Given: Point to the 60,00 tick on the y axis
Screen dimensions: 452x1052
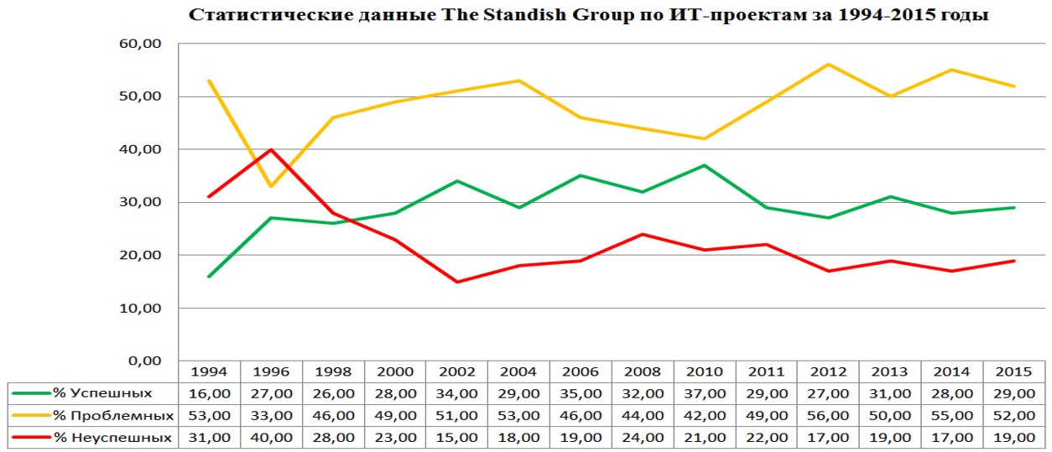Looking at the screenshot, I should pyautogui.click(x=141, y=44).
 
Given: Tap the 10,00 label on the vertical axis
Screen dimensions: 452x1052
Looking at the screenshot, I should pyautogui.click(x=141, y=308).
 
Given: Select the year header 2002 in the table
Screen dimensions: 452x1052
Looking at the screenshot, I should pyautogui.click(x=457, y=371).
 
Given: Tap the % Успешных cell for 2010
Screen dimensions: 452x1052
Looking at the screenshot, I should pyautogui.click(x=705, y=393).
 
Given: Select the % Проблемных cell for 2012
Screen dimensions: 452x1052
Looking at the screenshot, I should pyautogui.click(x=829, y=415).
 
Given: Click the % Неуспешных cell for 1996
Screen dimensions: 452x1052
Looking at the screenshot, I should pyautogui.click(x=271, y=437).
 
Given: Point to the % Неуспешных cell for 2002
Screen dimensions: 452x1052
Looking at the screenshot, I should pyautogui.click(x=457, y=437).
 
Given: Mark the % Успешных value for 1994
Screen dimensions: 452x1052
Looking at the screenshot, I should pyautogui.click(x=209, y=393).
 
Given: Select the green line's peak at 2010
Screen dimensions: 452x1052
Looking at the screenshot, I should pyautogui.click(x=705, y=165).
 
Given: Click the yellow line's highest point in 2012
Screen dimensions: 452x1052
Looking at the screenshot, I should pyautogui.click(x=829, y=65).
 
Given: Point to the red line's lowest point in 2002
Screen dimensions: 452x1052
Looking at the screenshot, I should pyautogui.click(x=457, y=282).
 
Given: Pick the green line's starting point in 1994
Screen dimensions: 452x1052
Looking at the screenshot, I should pyautogui.click(x=209, y=276).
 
